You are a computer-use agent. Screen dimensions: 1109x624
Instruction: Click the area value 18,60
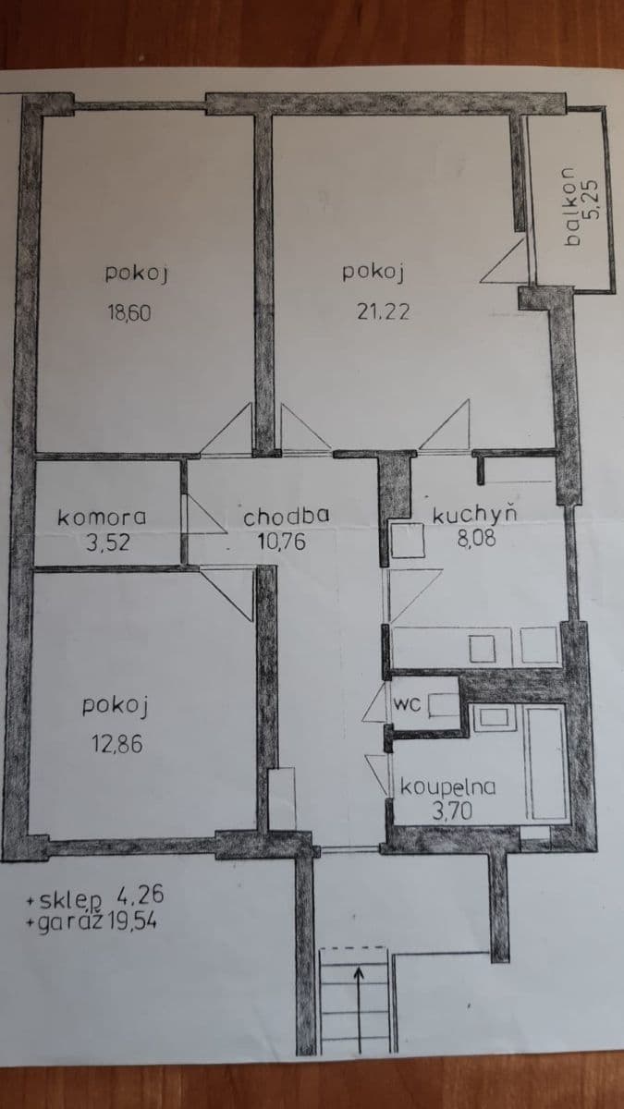[x=129, y=312]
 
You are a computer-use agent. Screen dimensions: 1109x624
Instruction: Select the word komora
[x=102, y=518]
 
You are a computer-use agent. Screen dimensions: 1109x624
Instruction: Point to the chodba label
[x=286, y=518]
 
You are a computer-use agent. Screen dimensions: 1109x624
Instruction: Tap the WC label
[x=408, y=704]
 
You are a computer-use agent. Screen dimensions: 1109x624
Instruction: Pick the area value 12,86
[x=116, y=741]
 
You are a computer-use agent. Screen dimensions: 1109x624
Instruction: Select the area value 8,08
[x=476, y=538]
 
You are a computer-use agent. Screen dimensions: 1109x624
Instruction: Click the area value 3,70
[x=452, y=811]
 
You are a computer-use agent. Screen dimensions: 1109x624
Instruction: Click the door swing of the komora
[x=203, y=516]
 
